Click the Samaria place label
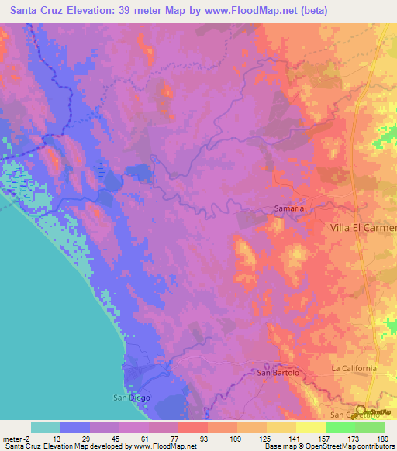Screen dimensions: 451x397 pos(289,208)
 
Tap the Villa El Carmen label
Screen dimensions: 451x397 pos(359,228)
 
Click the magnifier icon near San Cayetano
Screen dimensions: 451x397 pos(362,411)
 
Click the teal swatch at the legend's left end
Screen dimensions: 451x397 pos(46,427)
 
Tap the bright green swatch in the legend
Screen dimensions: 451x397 pos(340,427)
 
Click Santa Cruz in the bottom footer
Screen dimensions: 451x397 pos(22,446)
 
